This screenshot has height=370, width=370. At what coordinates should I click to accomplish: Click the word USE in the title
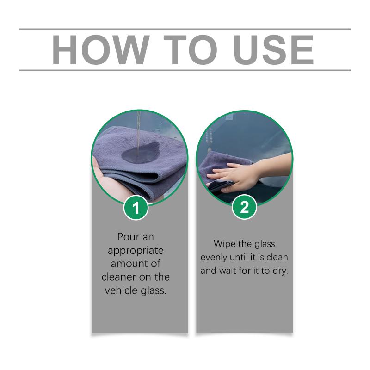coord(273,50)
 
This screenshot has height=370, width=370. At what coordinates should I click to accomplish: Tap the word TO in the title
coord(190,50)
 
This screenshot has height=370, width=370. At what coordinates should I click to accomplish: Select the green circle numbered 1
coord(136,208)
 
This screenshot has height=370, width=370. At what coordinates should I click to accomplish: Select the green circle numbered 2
coord(244,207)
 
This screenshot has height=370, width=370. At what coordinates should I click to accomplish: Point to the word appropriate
coord(136,251)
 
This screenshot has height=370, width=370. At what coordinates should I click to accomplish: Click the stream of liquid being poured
coord(138,135)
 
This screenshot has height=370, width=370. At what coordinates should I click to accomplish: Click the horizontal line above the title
coord(185,29)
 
